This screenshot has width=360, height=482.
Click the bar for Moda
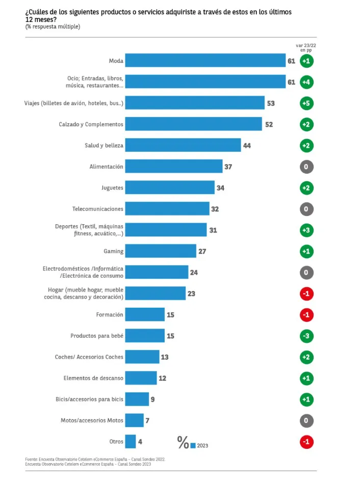205,61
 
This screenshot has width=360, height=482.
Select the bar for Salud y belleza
183,145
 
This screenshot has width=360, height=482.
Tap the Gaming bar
161,251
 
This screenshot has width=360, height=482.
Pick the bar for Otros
131,441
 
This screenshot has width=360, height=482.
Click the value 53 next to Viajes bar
271,103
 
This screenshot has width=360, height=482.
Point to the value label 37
228,167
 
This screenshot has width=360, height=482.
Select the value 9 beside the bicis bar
152,399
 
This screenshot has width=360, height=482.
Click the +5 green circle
306,103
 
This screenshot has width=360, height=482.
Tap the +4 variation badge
306,82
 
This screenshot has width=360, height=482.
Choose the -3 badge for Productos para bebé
306,336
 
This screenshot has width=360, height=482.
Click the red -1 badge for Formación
306,315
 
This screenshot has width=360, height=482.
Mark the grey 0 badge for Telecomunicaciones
306,209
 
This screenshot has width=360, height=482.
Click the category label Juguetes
112,188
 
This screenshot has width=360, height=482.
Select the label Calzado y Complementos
91,124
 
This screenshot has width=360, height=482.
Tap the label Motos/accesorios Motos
92,420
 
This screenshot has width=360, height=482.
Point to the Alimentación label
107,167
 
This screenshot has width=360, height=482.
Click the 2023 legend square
193,445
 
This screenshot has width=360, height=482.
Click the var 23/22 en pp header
306,48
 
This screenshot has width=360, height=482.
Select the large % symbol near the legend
183,442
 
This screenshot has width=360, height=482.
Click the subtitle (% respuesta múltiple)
53,26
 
